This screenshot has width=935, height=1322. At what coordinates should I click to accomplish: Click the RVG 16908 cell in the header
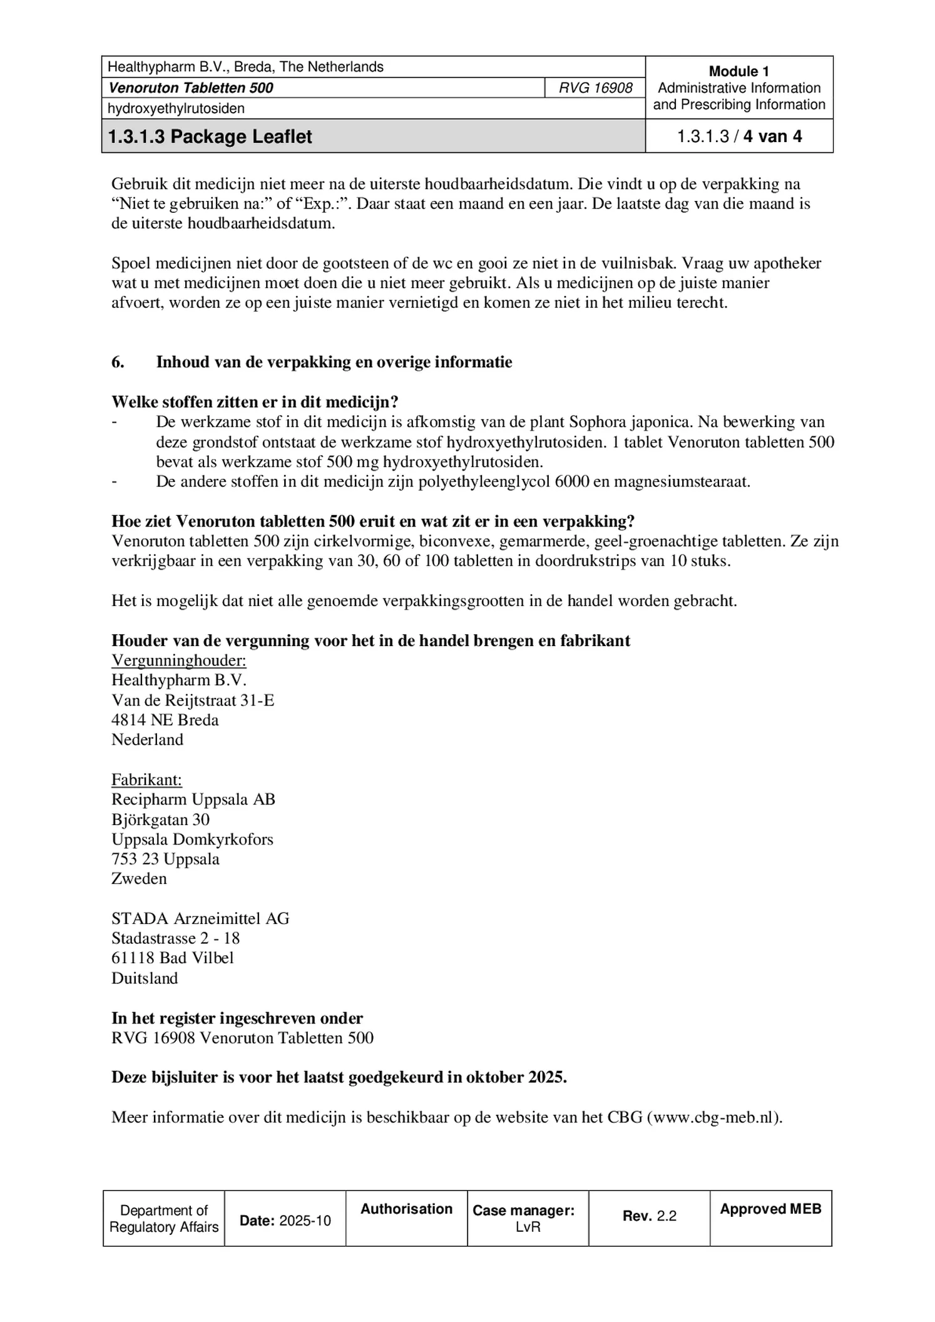595,88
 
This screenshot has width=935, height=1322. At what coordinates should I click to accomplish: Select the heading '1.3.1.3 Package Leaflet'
210,136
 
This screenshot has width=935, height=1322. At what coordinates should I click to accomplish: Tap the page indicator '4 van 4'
772,136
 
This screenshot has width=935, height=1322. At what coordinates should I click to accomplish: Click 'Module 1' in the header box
738,71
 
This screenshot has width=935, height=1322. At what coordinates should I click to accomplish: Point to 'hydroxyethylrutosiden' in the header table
176,108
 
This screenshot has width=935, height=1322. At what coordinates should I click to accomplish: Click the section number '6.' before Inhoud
118,362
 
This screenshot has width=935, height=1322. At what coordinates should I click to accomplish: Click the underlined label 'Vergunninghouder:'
178,660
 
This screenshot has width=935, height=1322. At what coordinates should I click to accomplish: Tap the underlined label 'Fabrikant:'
146,779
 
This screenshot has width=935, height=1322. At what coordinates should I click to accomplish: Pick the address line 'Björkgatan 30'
160,819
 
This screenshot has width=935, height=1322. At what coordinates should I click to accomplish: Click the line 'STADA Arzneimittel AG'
200,918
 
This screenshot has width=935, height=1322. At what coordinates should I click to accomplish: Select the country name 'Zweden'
139,879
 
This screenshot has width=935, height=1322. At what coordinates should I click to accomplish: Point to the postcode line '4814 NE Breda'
165,720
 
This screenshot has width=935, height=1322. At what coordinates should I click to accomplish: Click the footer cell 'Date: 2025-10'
285,1221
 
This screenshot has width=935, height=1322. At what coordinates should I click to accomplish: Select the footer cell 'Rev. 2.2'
649,1216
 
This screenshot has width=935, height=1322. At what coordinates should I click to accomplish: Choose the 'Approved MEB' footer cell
770,1209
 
